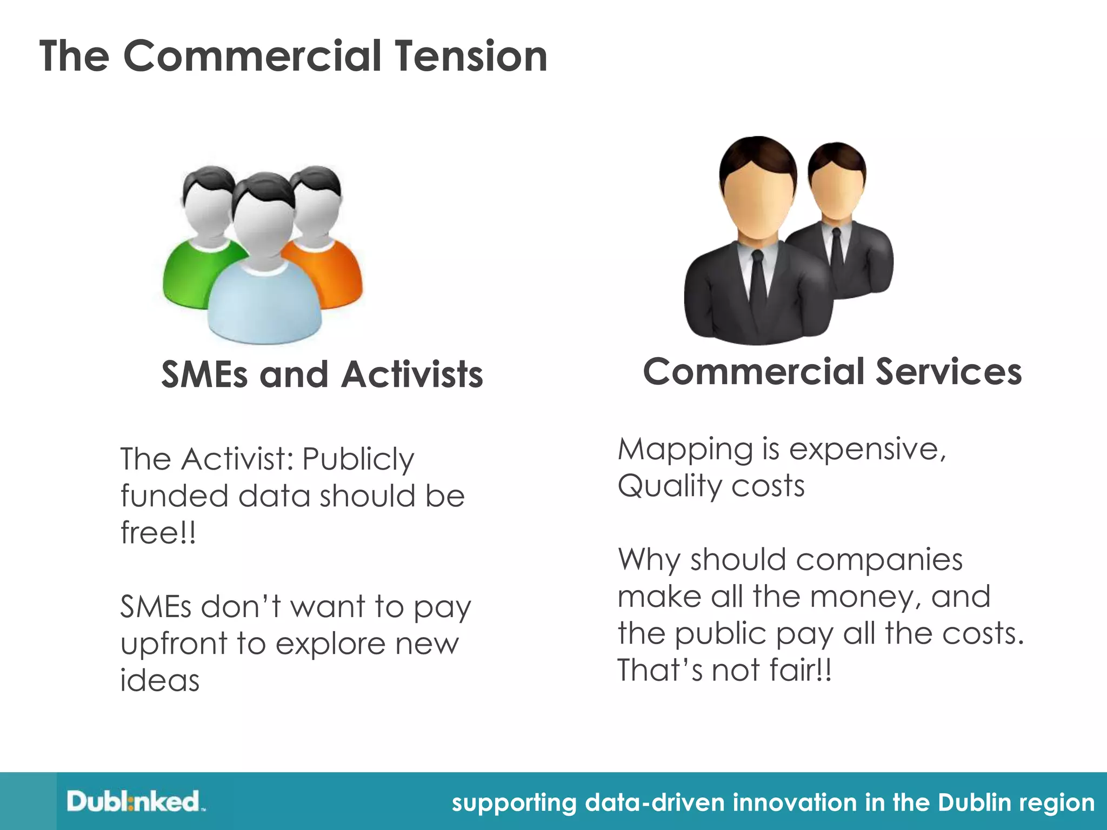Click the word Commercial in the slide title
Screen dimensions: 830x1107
click(252, 56)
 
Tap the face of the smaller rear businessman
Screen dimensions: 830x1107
click(836, 186)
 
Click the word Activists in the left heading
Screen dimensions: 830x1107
click(412, 374)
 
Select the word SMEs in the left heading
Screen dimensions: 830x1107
click(206, 374)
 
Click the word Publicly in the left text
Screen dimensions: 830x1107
click(358, 459)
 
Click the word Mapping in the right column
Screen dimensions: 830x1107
click(685, 450)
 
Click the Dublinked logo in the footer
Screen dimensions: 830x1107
click(135, 801)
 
